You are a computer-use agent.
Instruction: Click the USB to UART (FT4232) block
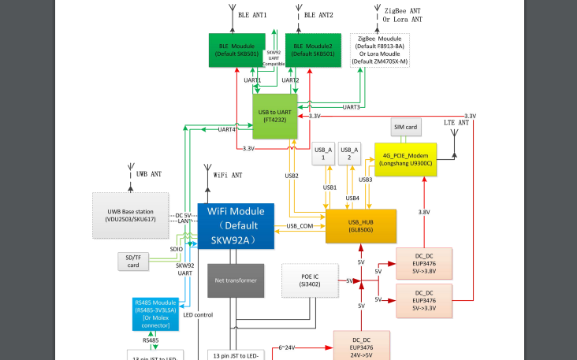(x=278, y=116)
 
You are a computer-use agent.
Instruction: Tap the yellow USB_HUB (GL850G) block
(x=360, y=225)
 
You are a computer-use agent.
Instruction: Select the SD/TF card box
(x=133, y=261)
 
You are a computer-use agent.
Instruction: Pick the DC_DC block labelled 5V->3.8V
(x=423, y=263)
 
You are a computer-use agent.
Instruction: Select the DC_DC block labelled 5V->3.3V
(x=423, y=300)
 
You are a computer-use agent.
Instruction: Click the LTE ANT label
(x=456, y=123)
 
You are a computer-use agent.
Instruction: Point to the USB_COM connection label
(x=300, y=226)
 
